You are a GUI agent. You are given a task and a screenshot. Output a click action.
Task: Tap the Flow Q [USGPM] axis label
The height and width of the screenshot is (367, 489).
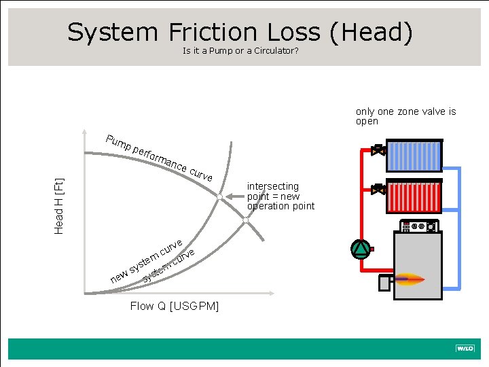(175, 307)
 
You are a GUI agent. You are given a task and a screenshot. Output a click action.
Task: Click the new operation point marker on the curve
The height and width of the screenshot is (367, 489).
(219, 196)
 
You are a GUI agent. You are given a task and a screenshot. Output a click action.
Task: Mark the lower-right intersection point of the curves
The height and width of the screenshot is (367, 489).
(247, 220)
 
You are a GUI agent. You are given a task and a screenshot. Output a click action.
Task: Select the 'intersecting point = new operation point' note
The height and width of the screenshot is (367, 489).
(280, 196)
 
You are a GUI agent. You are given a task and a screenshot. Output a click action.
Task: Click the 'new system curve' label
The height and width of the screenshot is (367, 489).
(146, 262)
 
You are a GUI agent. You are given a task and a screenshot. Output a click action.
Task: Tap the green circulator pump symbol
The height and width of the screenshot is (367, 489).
(361, 249)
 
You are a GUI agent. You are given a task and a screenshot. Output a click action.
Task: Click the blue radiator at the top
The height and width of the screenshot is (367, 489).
(414, 152)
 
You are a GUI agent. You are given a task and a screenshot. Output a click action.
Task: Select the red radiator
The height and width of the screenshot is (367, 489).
(414, 190)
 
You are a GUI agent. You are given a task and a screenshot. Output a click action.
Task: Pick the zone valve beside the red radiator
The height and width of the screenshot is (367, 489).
(378, 190)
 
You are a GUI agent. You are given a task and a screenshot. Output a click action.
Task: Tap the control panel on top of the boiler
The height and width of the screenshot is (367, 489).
(416, 226)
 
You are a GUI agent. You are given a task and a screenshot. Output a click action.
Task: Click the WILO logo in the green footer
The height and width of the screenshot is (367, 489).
(465, 349)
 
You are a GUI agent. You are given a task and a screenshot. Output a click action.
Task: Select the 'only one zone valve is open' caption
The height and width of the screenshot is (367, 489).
(405, 116)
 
